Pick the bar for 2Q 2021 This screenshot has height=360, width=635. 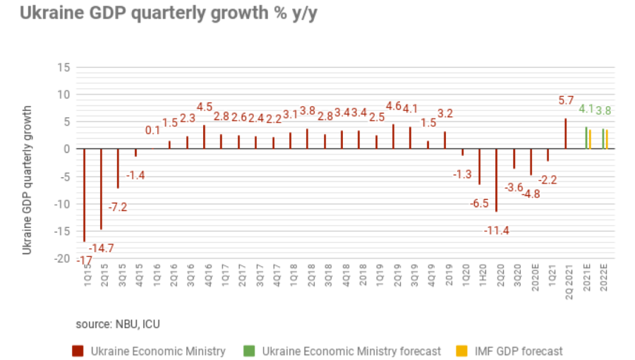(x=565, y=133)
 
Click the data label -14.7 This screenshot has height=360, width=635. (x=101, y=248)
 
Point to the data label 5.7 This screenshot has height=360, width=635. (x=566, y=101)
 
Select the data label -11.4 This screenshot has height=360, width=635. (x=497, y=231)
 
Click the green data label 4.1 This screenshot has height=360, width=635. (x=586, y=109)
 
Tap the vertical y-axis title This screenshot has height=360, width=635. (x=28, y=180)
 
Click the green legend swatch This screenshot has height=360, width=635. (x=248, y=351)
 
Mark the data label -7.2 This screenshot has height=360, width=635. (x=118, y=208)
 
